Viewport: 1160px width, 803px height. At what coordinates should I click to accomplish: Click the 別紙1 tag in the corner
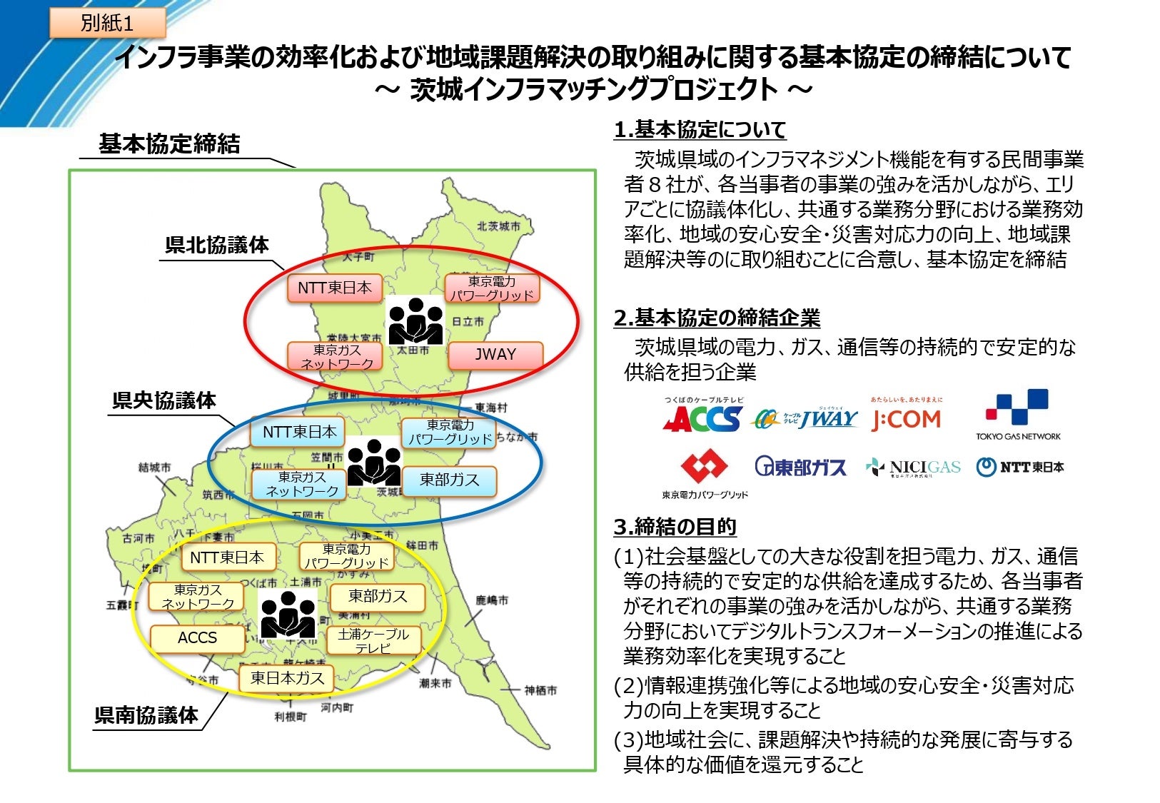coord(107,23)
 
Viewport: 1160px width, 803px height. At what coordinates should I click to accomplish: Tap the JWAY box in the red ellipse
coord(495,355)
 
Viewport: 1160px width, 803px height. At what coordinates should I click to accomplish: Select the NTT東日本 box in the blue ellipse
coord(298,432)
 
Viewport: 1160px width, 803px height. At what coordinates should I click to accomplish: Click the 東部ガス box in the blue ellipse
coord(449,480)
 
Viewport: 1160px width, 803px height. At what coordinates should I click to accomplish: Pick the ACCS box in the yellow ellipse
coord(197,638)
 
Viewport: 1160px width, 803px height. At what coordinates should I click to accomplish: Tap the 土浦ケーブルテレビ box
coord(373,640)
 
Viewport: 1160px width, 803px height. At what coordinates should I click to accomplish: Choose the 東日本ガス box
coord(287,678)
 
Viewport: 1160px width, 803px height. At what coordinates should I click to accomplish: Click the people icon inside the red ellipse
coord(415,320)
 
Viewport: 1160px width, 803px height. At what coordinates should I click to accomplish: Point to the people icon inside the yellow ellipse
coord(287,614)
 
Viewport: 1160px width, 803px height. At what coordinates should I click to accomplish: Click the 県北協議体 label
coord(217,245)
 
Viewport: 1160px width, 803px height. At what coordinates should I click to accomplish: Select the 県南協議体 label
coord(146,715)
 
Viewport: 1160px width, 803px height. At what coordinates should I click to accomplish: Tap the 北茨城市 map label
coord(499,226)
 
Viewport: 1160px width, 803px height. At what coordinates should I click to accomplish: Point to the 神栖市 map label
coord(540,690)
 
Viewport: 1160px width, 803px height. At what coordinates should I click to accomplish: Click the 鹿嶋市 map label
coord(492,600)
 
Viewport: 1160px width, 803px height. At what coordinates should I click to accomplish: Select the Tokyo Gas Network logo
coord(1018,415)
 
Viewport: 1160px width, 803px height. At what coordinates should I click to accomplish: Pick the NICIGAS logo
coord(913,468)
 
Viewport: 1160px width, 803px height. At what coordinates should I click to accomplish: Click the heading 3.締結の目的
coord(675,527)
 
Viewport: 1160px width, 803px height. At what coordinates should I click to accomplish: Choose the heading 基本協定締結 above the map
coord(169,144)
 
